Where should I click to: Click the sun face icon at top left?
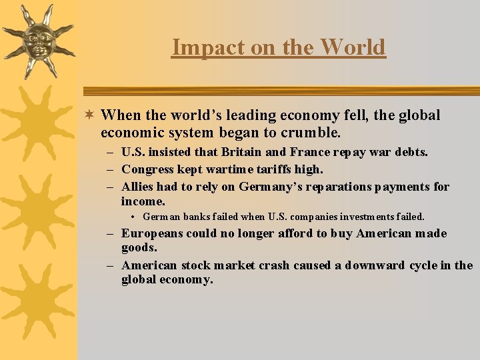[39, 40]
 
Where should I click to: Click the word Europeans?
[153, 233]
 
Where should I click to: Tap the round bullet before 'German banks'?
[134, 217]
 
